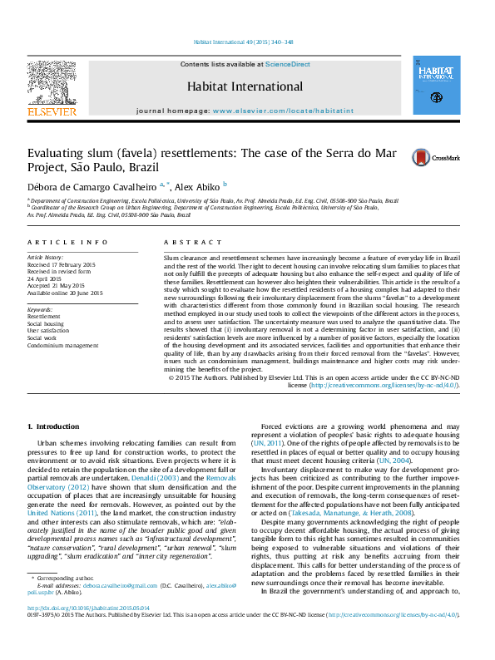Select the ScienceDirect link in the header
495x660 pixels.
288,64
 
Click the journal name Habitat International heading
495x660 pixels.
245,86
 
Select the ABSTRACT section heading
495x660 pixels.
183,242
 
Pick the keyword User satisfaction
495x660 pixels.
49,331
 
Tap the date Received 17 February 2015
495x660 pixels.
62,264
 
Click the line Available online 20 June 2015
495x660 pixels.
65,293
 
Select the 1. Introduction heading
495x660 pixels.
54,426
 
